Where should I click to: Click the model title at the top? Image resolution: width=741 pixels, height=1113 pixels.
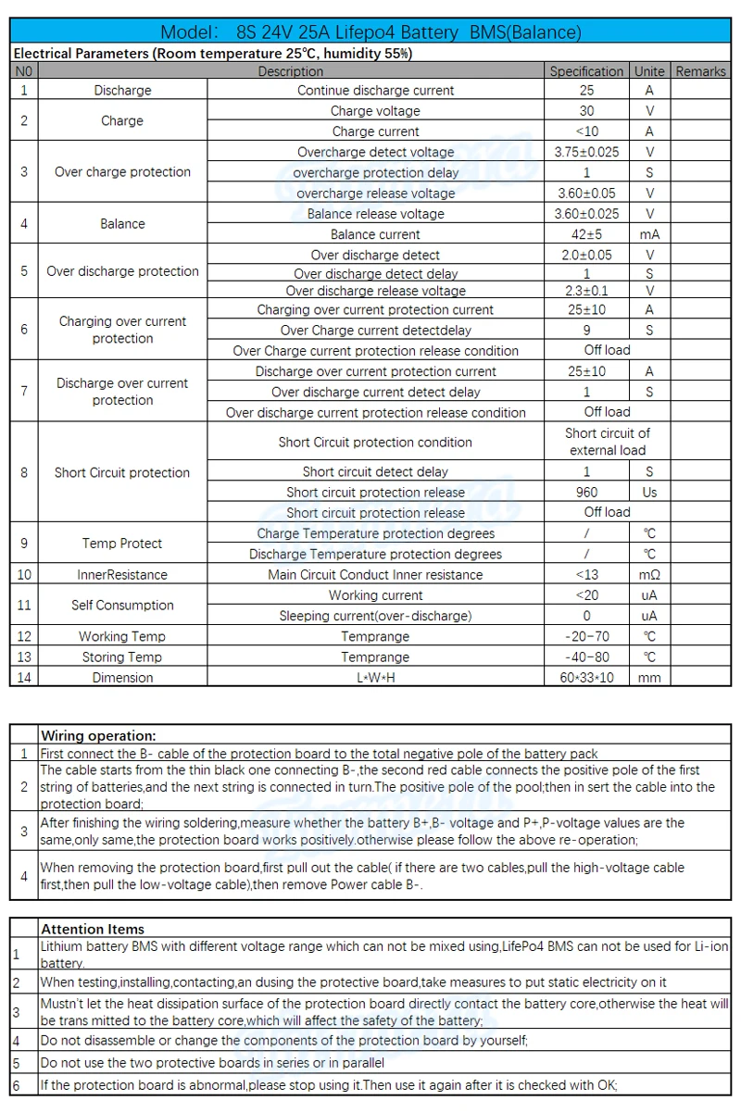point(370,32)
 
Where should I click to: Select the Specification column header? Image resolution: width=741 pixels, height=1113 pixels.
point(586,71)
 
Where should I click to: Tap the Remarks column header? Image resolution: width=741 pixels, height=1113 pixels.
point(701,71)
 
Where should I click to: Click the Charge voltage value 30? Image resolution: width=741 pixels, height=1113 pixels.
point(586,111)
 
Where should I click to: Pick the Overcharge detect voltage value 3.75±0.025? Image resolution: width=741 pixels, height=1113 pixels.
point(586,152)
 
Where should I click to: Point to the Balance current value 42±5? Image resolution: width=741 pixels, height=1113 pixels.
point(586,234)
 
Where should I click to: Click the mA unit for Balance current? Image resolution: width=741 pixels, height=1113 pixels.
point(649,234)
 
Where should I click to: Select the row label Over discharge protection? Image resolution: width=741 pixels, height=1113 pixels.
point(122,271)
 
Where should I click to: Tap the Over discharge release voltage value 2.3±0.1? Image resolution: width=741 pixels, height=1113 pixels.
point(586,291)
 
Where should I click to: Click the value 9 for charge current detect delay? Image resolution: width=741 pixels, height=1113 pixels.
point(586,330)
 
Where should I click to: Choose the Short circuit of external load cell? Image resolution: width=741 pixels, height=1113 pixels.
point(607,442)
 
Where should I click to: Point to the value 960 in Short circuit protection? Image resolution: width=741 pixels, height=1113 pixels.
point(586,493)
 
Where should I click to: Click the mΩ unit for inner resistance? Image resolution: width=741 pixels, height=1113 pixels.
point(649,574)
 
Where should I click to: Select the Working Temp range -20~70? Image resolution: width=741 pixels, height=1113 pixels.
point(586,636)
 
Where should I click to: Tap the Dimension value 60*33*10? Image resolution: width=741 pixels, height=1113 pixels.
point(586,677)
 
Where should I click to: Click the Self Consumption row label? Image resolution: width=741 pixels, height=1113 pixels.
point(122,605)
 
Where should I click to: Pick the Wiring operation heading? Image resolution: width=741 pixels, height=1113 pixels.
point(98,736)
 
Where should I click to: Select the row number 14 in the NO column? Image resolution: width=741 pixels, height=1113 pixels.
point(24,677)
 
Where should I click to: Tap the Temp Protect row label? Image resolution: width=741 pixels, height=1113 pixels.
point(122,544)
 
